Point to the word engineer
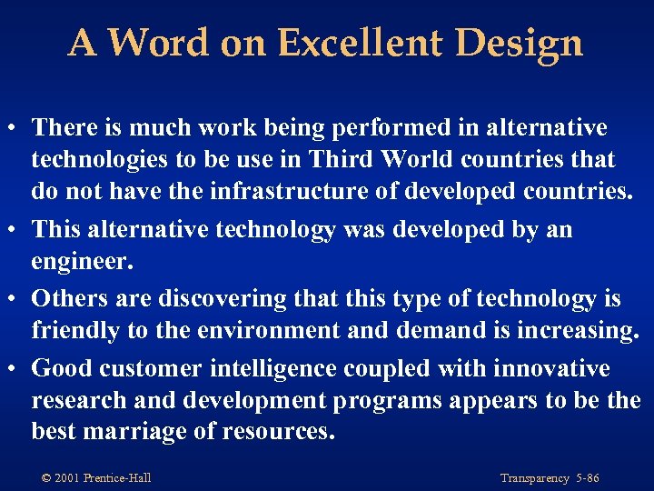tap(82, 263)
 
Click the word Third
tap(339, 159)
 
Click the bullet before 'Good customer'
tap(16, 368)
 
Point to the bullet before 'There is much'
tap(16, 128)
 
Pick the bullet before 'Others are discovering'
tap(16, 297)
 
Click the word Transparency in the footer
tap(533, 477)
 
